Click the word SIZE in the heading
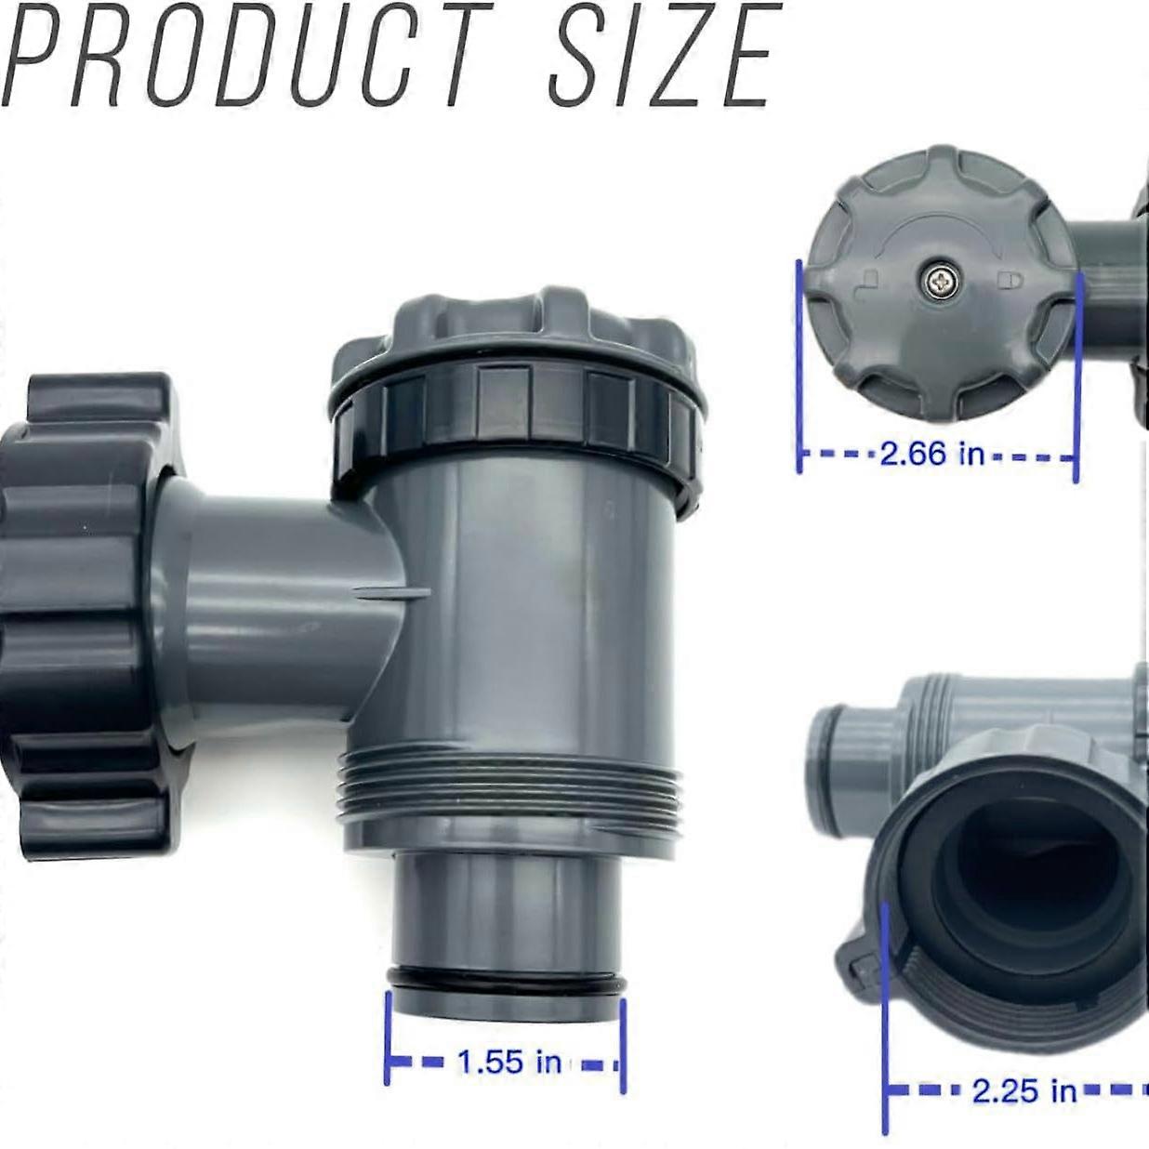pos(660,56)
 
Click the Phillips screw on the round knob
pos(938,280)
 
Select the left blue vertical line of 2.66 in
pos(799,367)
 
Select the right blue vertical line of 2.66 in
pos(1076,376)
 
